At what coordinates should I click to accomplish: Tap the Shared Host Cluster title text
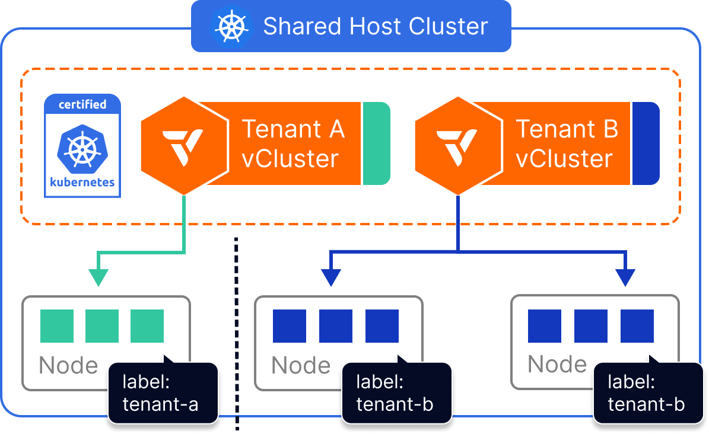[375, 27]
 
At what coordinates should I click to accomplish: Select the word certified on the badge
[82, 104]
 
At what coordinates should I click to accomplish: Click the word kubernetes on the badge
[82, 182]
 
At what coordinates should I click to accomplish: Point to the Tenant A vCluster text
[292, 144]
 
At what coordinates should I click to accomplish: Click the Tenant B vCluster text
[566, 144]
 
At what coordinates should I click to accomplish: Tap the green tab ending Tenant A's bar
[377, 143]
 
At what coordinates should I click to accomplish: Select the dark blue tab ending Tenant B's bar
[646, 143]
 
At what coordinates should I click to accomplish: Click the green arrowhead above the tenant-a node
[98, 277]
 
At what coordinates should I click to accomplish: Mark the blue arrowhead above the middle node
[332, 277]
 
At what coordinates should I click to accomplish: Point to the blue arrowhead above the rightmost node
[625, 277]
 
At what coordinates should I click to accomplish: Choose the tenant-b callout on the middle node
[395, 393]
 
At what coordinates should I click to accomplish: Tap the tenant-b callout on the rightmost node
[647, 393]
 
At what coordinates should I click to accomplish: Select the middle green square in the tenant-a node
[102, 326]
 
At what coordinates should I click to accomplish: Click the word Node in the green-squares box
[68, 366]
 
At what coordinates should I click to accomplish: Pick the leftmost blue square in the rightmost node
[545, 326]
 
